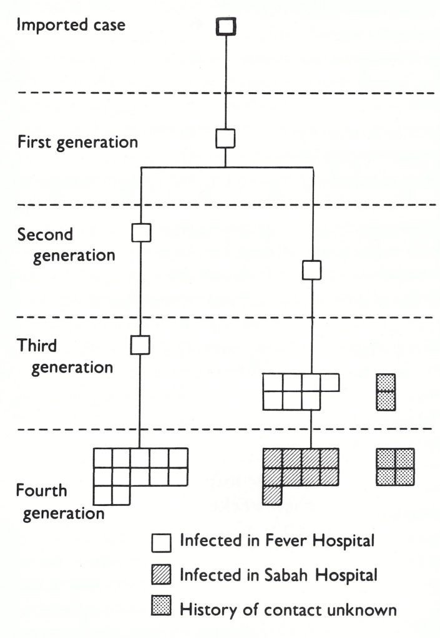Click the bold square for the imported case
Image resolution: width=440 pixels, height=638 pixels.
click(225, 26)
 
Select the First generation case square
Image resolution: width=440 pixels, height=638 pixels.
click(225, 138)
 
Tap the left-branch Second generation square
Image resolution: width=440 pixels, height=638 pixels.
click(142, 232)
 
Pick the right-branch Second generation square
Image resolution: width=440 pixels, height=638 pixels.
click(311, 270)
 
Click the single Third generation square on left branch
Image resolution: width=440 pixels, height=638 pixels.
click(141, 344)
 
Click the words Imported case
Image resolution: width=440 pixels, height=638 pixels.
click(71, 26)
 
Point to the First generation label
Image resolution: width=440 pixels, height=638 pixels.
click(77, 141)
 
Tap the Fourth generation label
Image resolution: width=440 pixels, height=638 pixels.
click(60, 502)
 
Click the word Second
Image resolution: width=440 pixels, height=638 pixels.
click(46, 235)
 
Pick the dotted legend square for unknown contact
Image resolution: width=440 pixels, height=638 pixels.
click(161, 609)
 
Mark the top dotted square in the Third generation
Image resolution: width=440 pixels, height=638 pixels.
click(386, 383)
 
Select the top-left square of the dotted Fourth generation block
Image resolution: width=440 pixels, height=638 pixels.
click(386, 458)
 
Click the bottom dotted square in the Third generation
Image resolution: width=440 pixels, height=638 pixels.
click(386, 401)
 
